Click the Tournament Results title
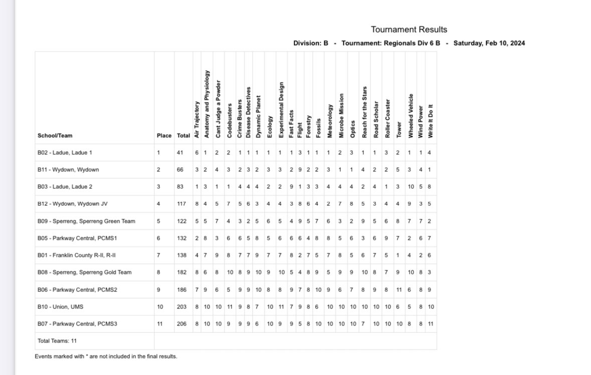pyautogui.click(x=409, y=30)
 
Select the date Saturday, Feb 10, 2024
pyautogui.click(x=489, y=43)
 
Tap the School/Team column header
pyautogui.click(x=55, y=136)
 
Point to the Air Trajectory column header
pyautogui.click(x=197, y=120)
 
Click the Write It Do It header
pyautogui.click(x=430, y=121)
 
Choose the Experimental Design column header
pyautogui.click(x=281, y=110)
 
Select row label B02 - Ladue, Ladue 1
pyautogui.click(x=65, y=153)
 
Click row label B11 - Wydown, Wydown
pyautogui.click(x=68, y=170)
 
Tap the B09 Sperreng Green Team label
pyautogui.click(x=86, y=221)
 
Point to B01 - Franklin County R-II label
pyautogui.click(x=77, y=255)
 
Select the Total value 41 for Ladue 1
pyautogui.click(x=179, y=153)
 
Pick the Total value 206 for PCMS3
pyautogui.click(x=181, y=324)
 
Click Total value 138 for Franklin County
pyautogui.click(x=181, y=255)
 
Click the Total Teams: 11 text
pyautogui.click(x=57, y=341)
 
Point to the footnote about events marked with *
pyautogui.click(x=106, y=356)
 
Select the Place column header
pyautogui.click(x=164, y=136)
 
